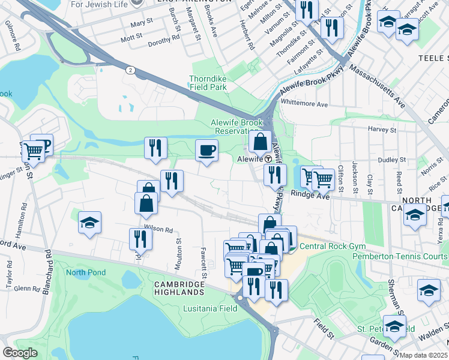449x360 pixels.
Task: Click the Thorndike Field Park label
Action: tap(208, 83)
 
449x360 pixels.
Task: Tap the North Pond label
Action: tap(85, 273)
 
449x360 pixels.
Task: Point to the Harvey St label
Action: tap(379, 129)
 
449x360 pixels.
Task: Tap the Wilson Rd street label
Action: tap(158, 229)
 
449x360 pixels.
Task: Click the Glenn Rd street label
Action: tap(27, 288)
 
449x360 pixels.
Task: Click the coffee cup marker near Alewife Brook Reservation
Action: tap(207, 150)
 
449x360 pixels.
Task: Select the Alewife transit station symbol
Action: tap(268, 160)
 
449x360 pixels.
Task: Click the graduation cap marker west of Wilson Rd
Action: tap(89, 223)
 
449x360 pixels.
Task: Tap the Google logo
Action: tap(20, 353)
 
